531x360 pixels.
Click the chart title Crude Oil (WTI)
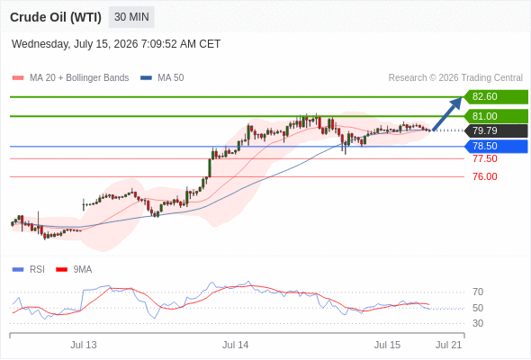pyautogui.click(x=56, y=17)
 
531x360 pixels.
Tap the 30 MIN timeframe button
pyautogui.click(x=131, y=17)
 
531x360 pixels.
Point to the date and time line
pyautogui.click(x=116, y=44)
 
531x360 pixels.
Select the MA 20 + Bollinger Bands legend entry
pyautogui.click(x=70, y=78)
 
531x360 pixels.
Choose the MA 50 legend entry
pyautogui.click(x=162, y=78)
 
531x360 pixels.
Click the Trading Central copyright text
pyautogui.click(x=455, y=78)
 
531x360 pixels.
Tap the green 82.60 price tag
pyautogui.click(x=496, y=97)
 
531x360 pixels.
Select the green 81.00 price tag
pyautogui.click(x=496, y=116)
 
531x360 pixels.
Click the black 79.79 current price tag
pyautogui.click(x=496, y=130)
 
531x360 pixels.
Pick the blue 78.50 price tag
pyautogui.click(x=496, y=147)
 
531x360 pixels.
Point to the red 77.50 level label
pyautogui.click(x=485, y=158)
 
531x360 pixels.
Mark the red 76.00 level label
pyautogui.click(x=485, y=176)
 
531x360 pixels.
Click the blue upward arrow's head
pyautogui.click(x=456, y=103)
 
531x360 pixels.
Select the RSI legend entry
pyautogui.click(x=29, y=270)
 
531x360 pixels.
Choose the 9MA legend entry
pyautogui.click(x=74, y=270)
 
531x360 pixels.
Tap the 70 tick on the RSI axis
pyautogui.click(x=478, y=292)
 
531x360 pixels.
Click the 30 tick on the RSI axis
pyautogui.click(x=478, y=323)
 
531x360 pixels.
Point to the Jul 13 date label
pyautogui.click(x=84, y=345)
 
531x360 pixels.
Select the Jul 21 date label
pyautogui.click(x=449, y=345)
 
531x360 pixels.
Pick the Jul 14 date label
pyautogui.click(x=236, y=345)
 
